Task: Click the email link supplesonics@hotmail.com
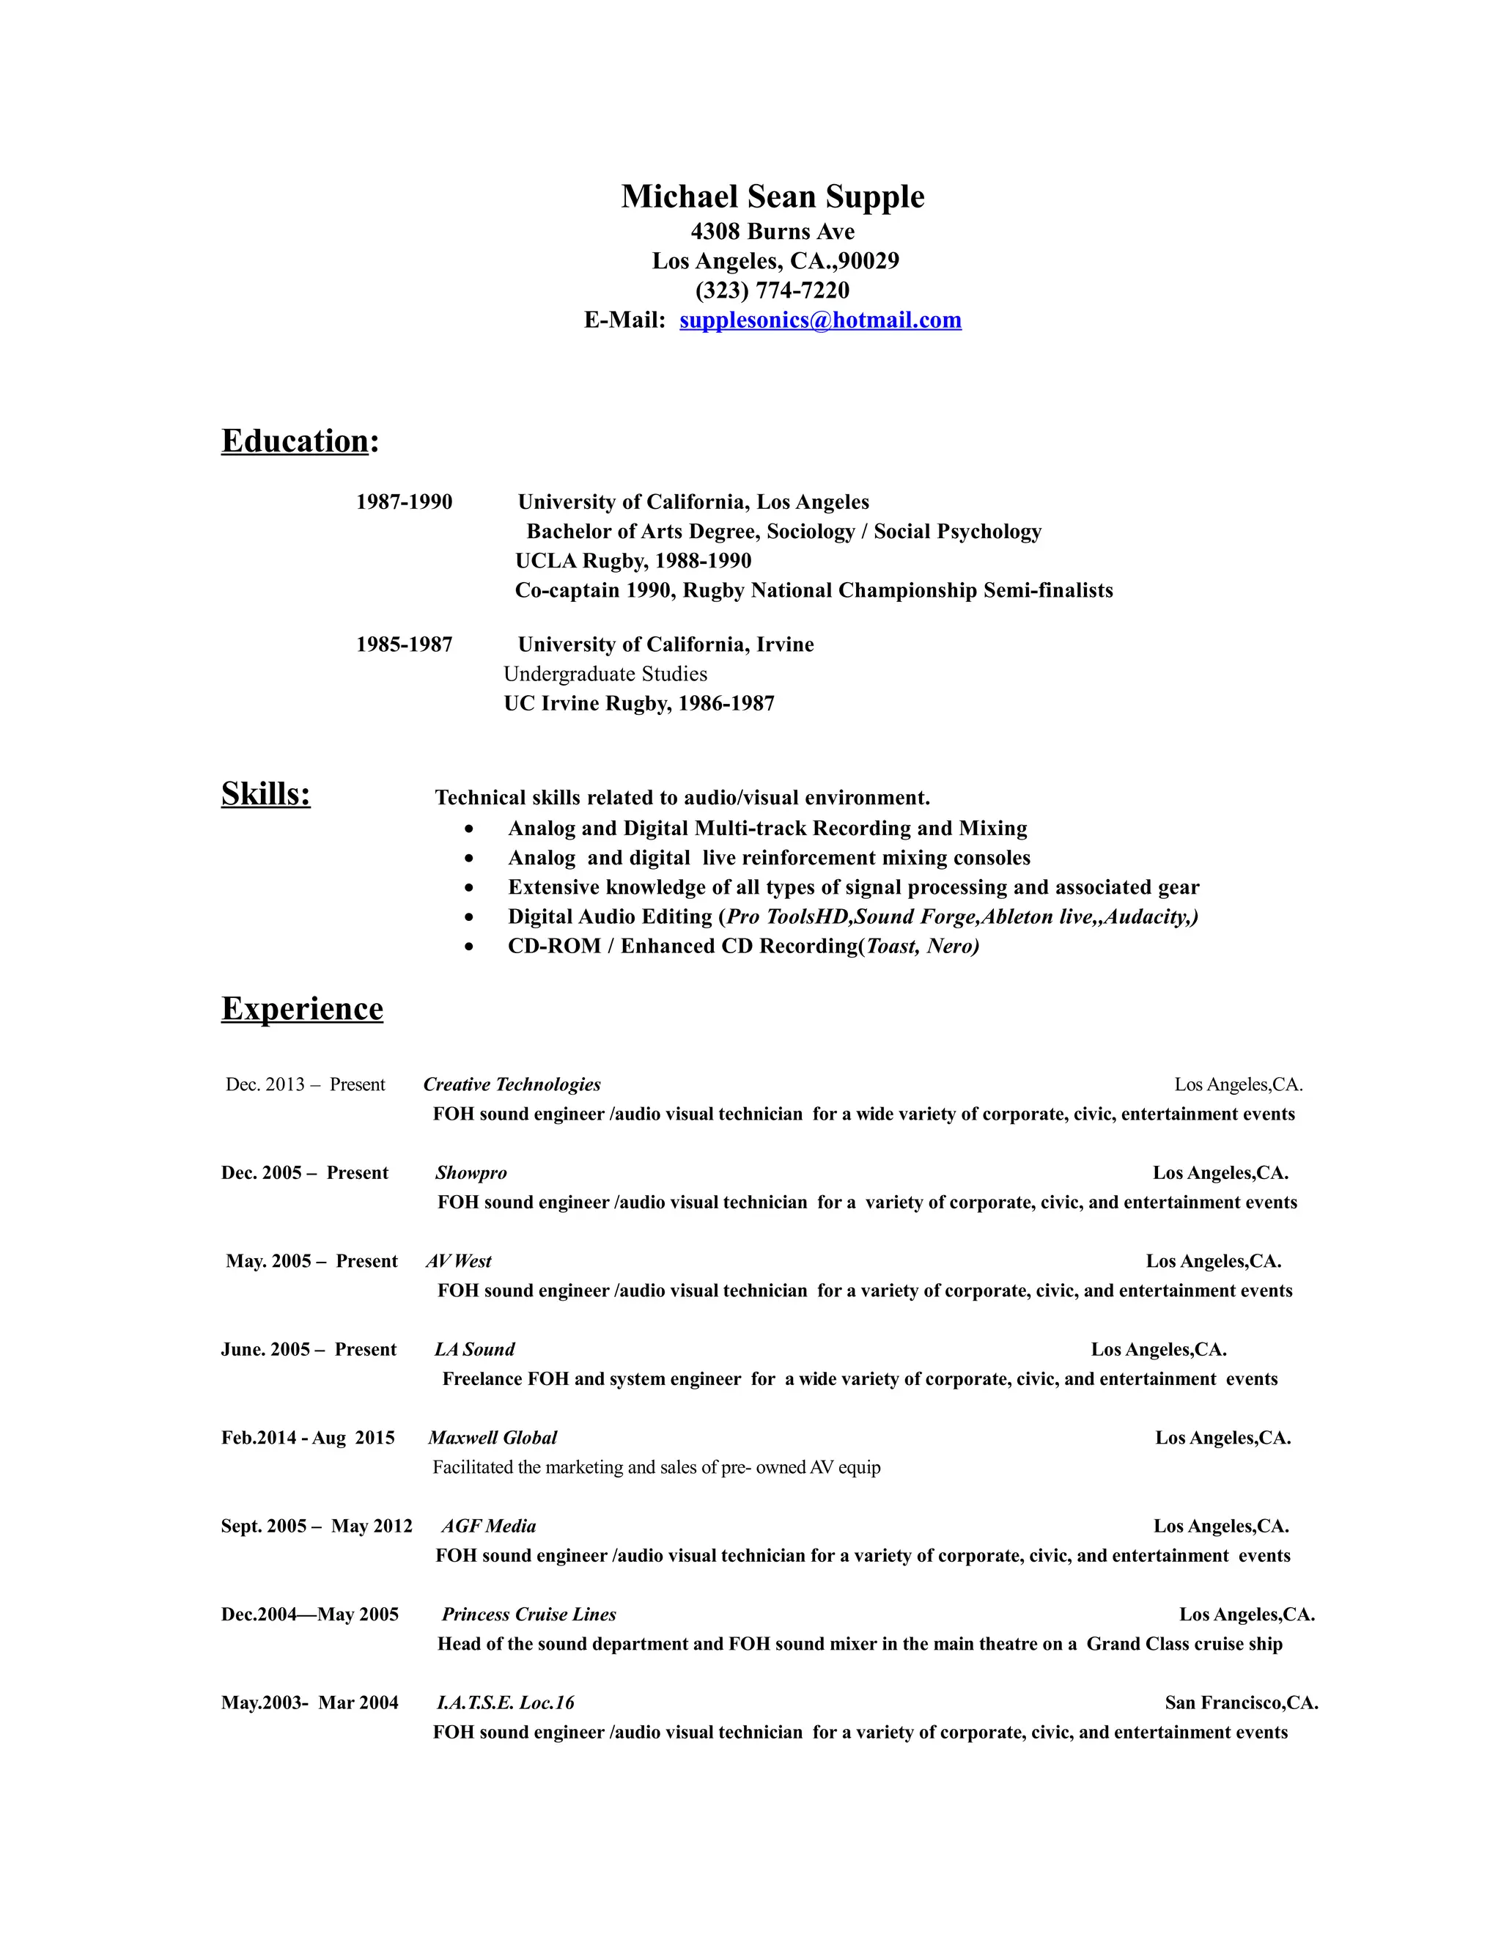[x=820, y=320]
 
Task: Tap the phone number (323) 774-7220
[x=772, y=291]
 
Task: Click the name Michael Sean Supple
[x=772, y=196]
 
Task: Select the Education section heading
[x=295, y=441]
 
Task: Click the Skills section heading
[x=266, y=793]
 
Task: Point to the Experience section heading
[x=303, y=1009]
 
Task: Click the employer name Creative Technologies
[x=512, y=1084]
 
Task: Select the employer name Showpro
[x=471, y=1173]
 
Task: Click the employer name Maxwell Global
[x=493, y=1438]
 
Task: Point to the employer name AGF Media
[x=489, y=1527]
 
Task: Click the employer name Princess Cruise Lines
[x=529, y=1615]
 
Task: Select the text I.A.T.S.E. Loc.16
[x=506, y=1703]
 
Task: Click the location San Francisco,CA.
[x=1242, y=1703]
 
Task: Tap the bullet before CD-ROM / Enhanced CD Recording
[x=470, y=947]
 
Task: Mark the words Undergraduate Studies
[x=605, y=675]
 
